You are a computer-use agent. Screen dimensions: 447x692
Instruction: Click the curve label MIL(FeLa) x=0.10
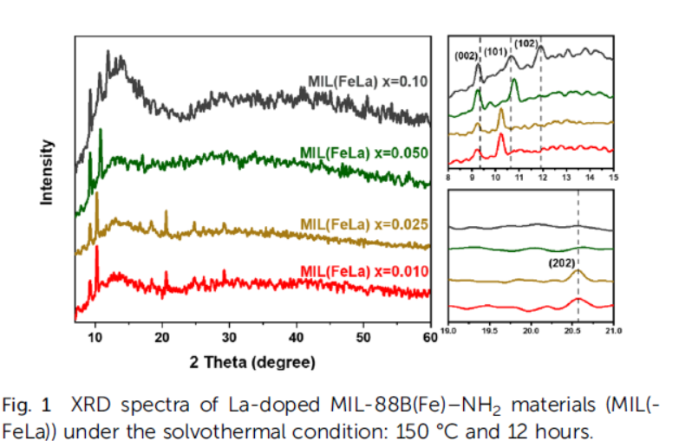pyautogui.click(x=369, y=82)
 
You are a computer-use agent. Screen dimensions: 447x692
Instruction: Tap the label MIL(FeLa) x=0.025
pyautogui.click(x=364, y=223)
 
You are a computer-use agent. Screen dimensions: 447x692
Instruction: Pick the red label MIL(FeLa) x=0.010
pyautogui.click(x=364, y=271)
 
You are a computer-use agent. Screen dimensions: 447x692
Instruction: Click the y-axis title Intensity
pyautogui.click(x=48, y=173)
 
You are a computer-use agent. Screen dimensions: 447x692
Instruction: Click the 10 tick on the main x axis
pyautogui.click(x=95, y=337)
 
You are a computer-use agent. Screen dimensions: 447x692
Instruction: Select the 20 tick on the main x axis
pyautogui.click(x=162, y=337)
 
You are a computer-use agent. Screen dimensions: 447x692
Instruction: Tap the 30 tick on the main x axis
pyautogui.click(x=230, y=337)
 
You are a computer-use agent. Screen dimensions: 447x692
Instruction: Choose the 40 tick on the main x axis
pyautogui.click(x=297, y=337)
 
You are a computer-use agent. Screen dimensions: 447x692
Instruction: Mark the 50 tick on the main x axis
pyautogui.click(x=364, y=337)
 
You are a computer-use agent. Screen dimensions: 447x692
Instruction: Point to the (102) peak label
pyautogui.click(x=526, y=42)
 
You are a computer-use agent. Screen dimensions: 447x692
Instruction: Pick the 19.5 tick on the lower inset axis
pyautogui.click(x=489, y=330)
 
